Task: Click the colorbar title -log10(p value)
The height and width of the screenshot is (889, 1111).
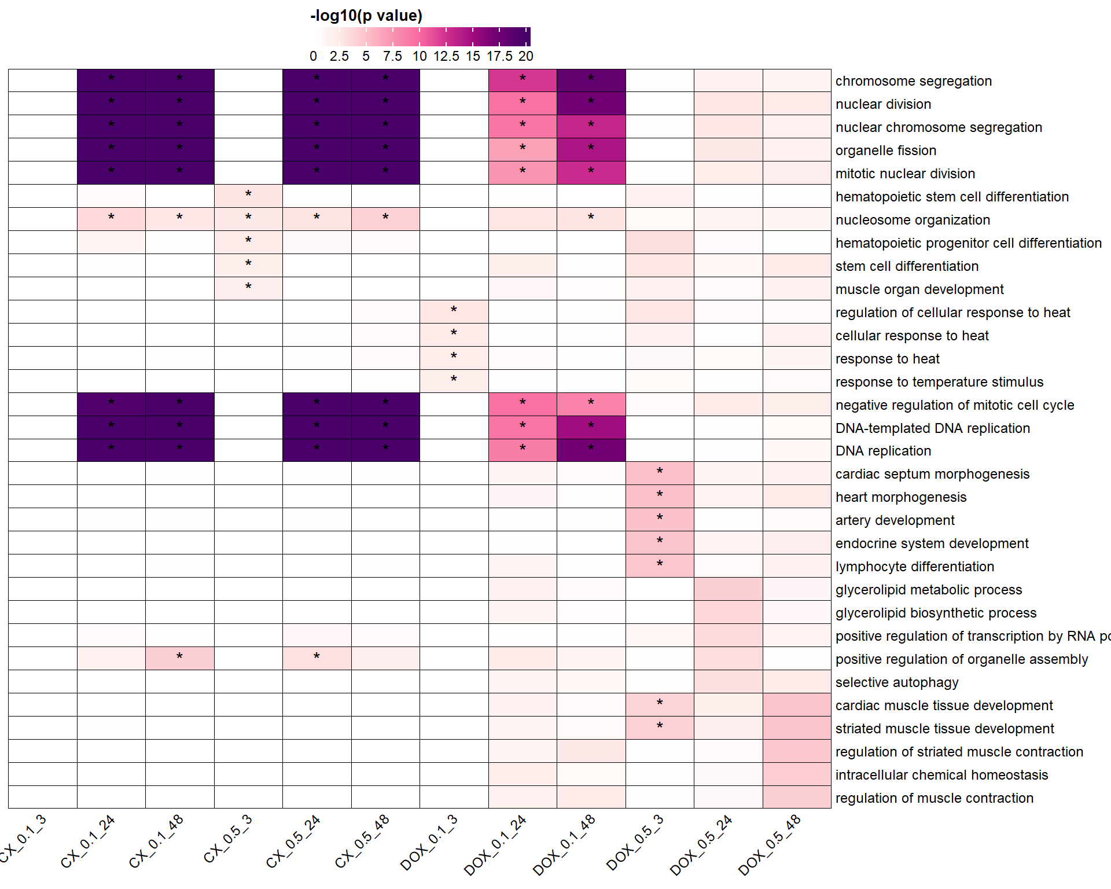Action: click(366, 16)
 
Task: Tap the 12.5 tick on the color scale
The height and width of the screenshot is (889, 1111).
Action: click(446, 56)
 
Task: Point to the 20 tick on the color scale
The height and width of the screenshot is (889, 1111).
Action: click(525, 56)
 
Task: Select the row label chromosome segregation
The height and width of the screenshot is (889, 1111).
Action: click(913, 81)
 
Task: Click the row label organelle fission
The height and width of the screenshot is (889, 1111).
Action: click(885, 150)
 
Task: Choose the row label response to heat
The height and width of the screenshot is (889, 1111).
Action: click(887, 359)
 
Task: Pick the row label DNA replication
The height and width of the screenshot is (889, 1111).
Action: click(883, 451)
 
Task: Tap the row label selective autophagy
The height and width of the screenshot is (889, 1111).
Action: click(896, 682)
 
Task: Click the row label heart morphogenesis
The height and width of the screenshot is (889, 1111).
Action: click(900, 497)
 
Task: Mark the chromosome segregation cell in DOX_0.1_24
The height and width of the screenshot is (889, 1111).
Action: click(523, 80)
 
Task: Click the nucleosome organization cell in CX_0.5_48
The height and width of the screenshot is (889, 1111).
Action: click(385, 219)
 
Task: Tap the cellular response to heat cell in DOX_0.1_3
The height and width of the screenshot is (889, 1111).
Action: click(454, 335)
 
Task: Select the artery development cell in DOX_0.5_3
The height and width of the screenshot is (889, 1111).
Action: click(660, 520)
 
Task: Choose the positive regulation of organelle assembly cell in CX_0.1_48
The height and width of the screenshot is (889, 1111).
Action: click(179, 658)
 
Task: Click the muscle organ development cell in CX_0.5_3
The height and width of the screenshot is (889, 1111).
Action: click(248, 289)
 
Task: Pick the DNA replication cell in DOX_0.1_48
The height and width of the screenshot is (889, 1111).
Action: click(591, 450)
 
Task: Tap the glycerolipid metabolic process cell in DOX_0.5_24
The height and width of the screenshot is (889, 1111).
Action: click(728, 589)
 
